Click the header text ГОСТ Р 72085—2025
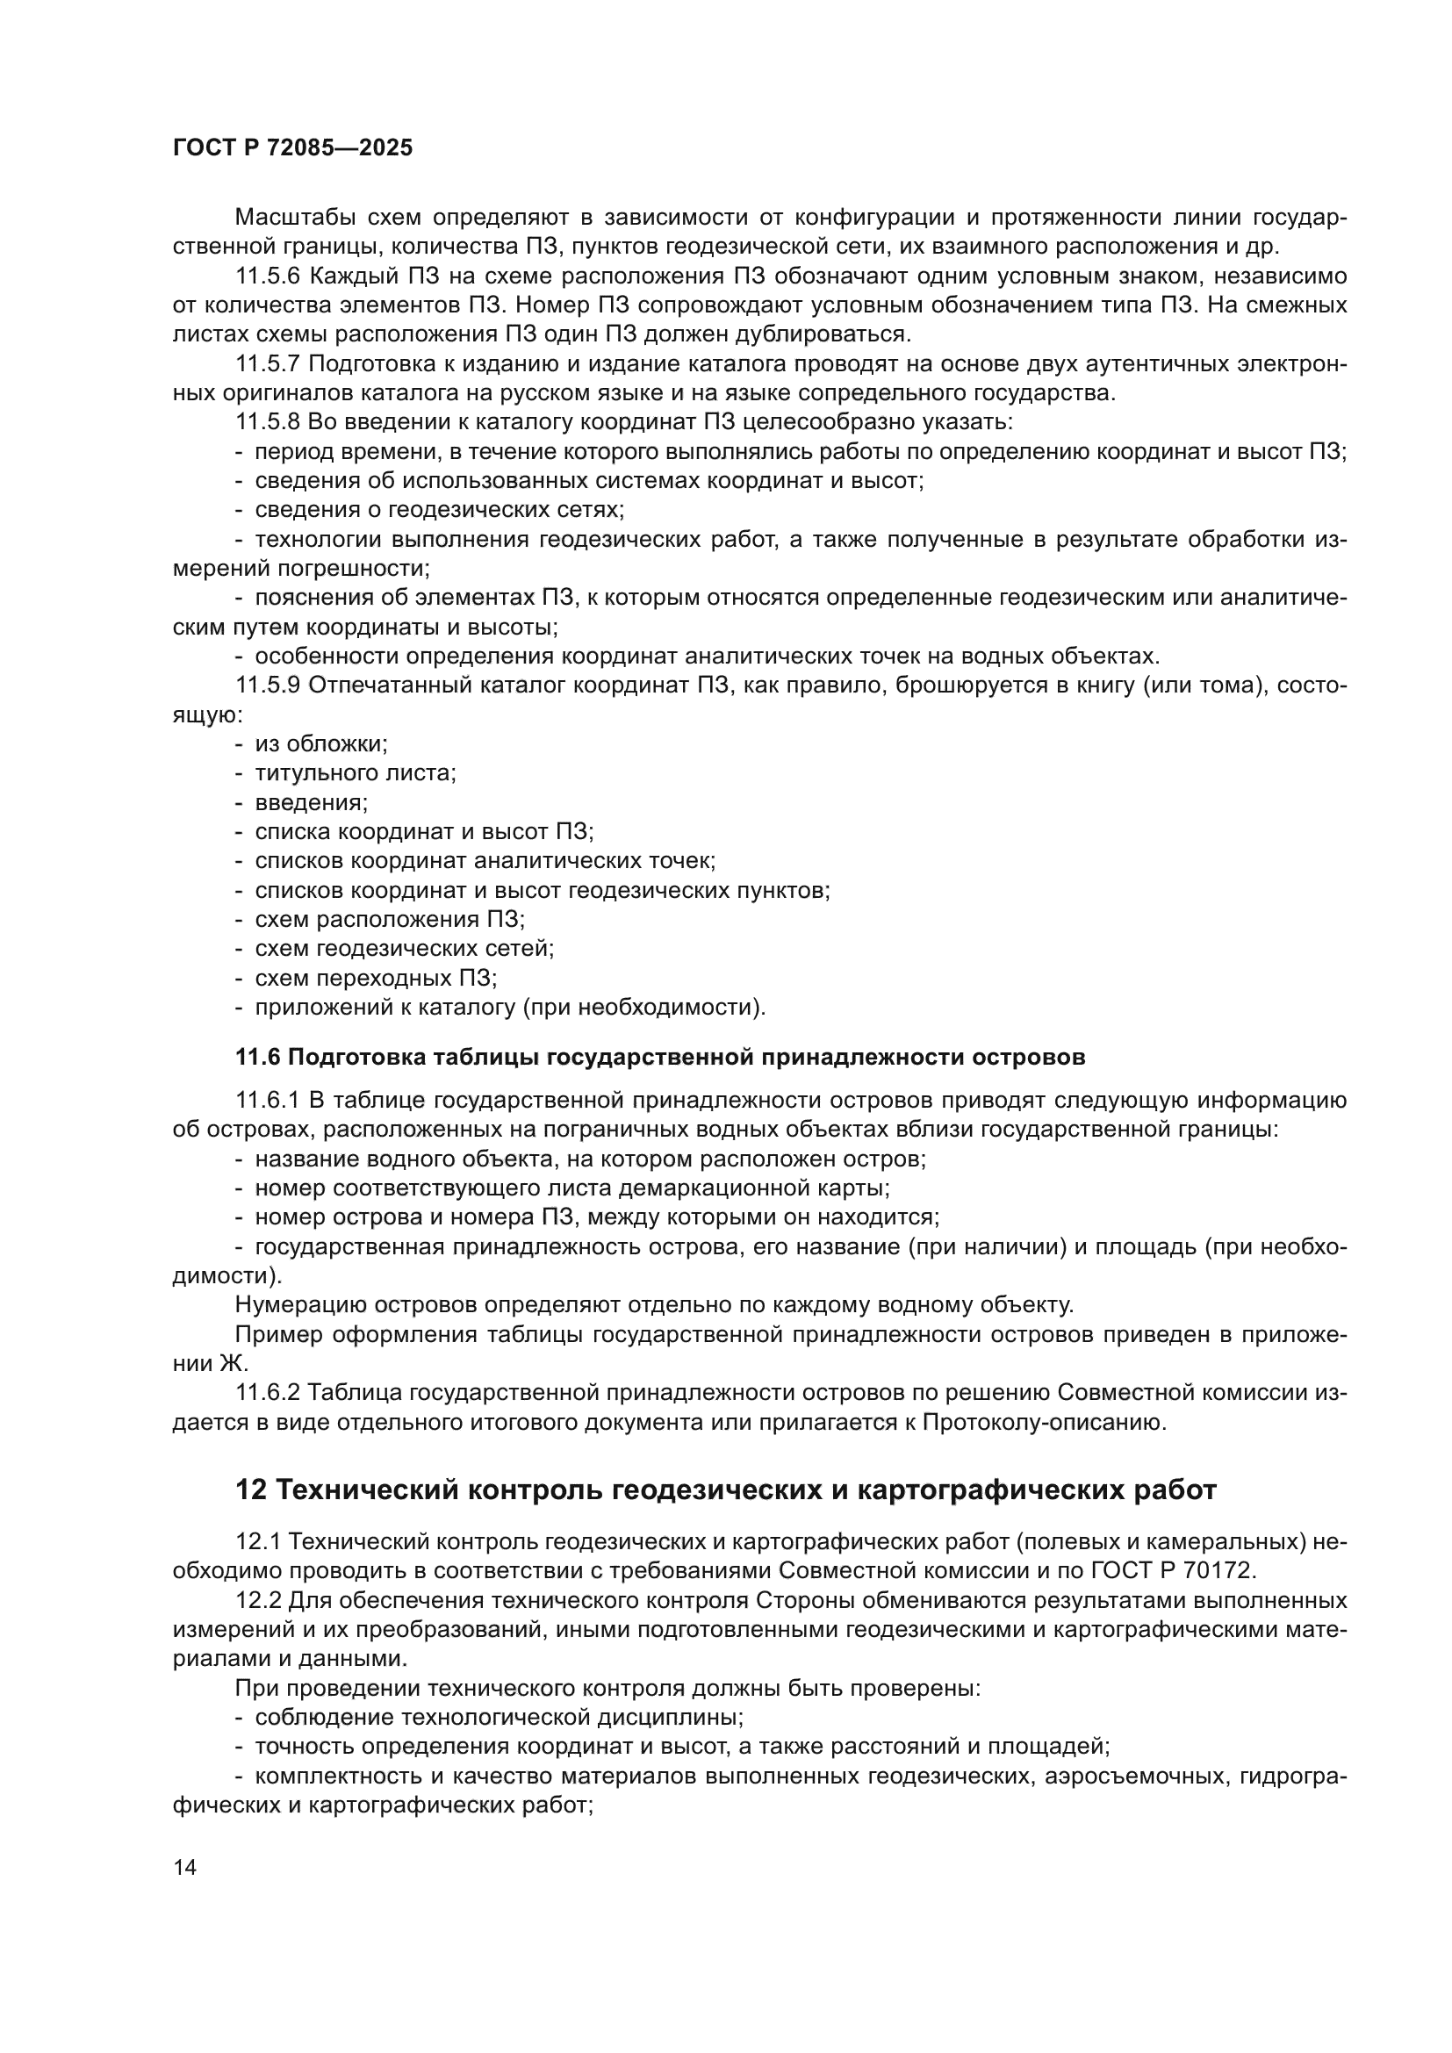tap(292, 148)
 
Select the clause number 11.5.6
tap(269, 276)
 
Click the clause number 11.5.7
tap(269, 364)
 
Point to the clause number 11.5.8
tap(269, 422)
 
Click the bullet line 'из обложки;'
tap(321, 744)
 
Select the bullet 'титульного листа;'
tap(355, 772)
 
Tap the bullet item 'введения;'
tap(311, 802)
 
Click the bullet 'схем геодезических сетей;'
tap(404, 948)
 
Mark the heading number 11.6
tap(257, 1057)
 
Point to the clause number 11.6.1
tap(269, 1100)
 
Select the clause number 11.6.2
tap(269, 1392)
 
